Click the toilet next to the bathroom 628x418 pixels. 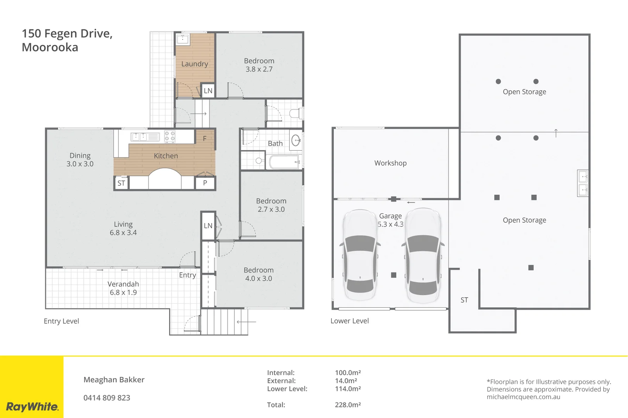pyautogui.click(x=296, y=113)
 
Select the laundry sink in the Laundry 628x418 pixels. pyautogui.click(x=183, y=39)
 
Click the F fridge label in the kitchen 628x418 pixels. pyautogui.click(x=205, y=139)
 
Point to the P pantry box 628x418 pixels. pyautogui.click(x=205, y=183)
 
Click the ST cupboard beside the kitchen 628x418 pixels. pyautogui.click(x=121, y=183)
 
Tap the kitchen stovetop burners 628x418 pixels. pyautogui.click(x=170, y=137)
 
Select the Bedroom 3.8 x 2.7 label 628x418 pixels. pyautogui.click(x=259, y=65)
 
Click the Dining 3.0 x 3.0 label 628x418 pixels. pyautogui.click(x=80, y=159)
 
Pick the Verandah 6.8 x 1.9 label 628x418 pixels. pyautogui.click(x=123, y=288)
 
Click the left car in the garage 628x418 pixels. pyautogui.click(x=360, y=255)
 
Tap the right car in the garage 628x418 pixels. pyautogui.click(x=423, y=255)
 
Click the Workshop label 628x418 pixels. pyautogui.click(x=390, y=163)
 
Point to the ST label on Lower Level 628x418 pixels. pyautogui.click(x=464, y=300)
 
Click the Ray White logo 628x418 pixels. pyautogui.click(x=32, y=406)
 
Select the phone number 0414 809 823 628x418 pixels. pyautogui.click(x=107, y=397)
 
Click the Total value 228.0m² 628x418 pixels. pyautogui.click(x=348, y=405)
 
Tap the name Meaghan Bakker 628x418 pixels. pyautogui.click(x=114, y=380)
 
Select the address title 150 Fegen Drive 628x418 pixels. pyautogui.click(x=67, y=34)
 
